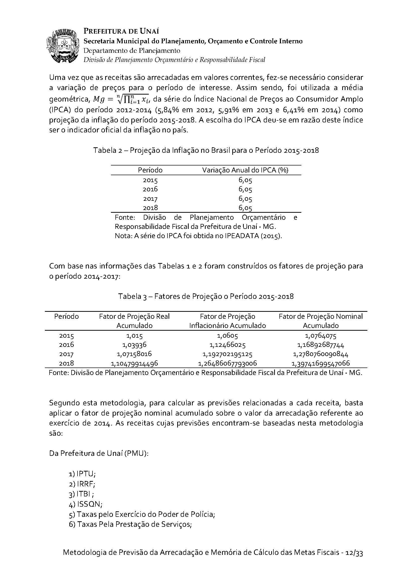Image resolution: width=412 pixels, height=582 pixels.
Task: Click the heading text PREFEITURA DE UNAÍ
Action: point(121,31)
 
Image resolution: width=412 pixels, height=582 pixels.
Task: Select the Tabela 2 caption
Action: point(206,150)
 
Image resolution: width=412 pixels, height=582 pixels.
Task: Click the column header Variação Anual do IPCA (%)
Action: point(245,170)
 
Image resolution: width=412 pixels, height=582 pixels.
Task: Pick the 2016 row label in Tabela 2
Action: point(150,189)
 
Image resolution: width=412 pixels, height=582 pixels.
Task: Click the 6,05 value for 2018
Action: point(245,208)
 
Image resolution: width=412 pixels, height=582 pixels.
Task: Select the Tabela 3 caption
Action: point(206,296)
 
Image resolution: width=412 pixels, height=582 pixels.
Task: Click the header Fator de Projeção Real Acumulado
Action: point(134,321)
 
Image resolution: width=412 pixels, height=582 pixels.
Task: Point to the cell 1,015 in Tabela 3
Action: point(134,336)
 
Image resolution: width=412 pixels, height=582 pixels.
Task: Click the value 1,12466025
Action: point(228,345)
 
